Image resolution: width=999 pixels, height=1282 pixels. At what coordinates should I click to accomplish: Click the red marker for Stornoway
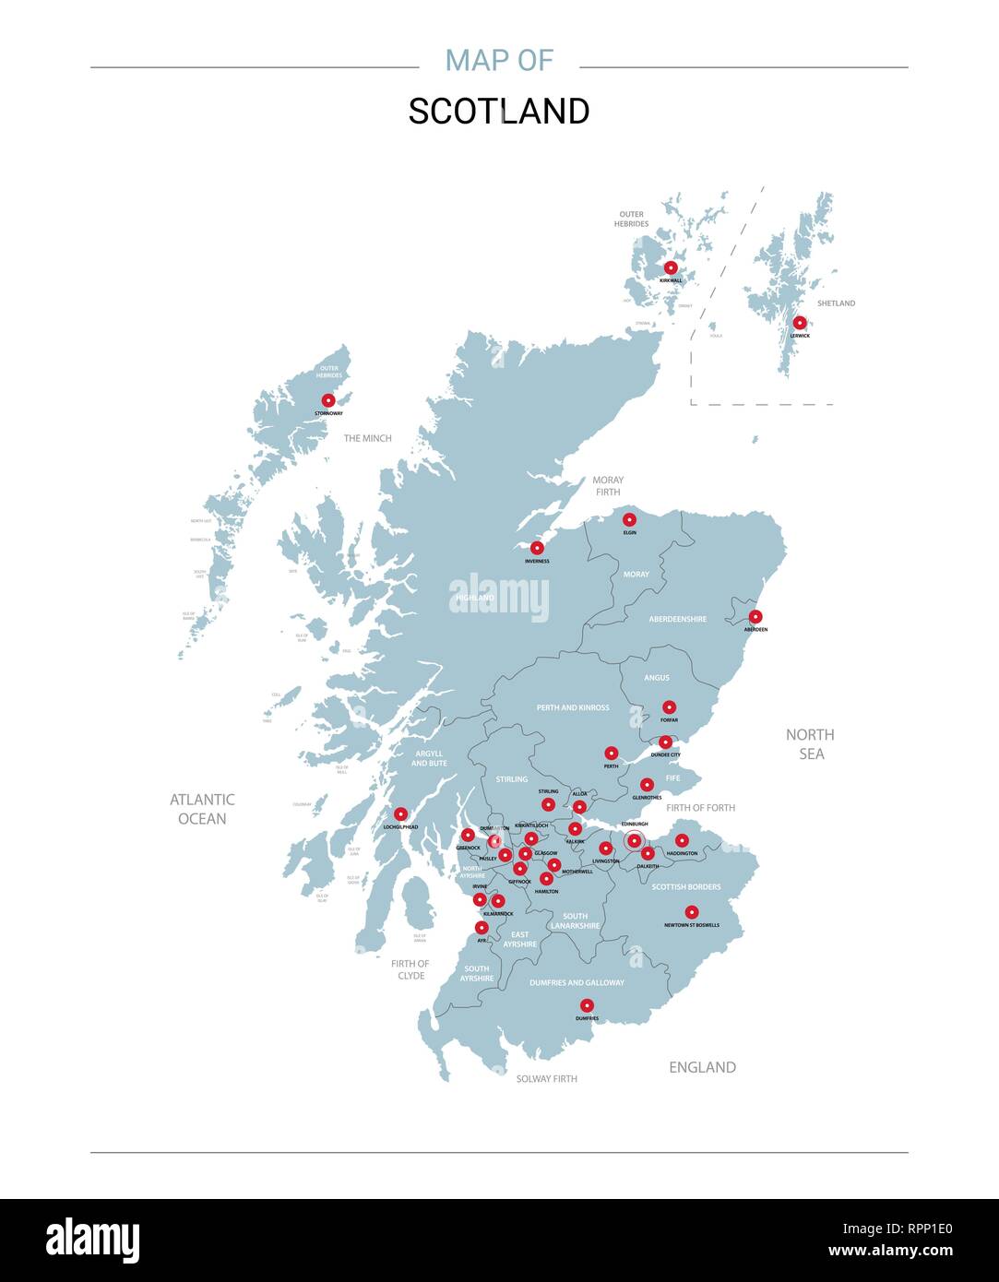tap(328, 400)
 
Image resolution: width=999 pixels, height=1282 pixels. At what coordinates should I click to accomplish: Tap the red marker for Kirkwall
tap(671, 267)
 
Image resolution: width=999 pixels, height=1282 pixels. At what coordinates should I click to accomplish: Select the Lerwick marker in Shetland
tap(800, 323)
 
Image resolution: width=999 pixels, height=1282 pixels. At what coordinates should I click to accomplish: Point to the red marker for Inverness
tap(537, 548)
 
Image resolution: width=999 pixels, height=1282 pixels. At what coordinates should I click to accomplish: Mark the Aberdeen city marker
tap(755, 616)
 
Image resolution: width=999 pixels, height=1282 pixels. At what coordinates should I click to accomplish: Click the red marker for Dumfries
tap(587, 1005)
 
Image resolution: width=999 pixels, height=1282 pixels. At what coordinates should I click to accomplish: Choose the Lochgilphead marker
tap(400, 814)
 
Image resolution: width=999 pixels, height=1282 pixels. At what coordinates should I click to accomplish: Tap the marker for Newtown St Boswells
tap(691, 912)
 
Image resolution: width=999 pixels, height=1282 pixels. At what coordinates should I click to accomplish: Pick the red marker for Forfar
tap(669, 707)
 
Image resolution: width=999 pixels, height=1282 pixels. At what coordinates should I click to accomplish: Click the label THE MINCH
tap(367, 438)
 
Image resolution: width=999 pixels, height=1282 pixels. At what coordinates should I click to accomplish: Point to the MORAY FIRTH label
tap(608, 486)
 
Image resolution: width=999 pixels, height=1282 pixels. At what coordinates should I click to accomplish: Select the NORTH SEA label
tap(810, 744)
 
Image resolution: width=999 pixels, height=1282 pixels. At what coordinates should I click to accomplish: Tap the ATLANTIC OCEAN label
tap(202, 809)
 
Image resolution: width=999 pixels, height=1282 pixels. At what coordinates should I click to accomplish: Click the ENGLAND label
tap(702, 1067)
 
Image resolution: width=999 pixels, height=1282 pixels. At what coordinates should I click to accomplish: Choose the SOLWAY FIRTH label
tap(546, 1078)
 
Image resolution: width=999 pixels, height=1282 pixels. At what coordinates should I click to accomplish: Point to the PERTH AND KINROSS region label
tap(573, 707)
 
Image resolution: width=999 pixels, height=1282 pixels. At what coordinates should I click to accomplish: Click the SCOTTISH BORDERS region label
tap(686, 887)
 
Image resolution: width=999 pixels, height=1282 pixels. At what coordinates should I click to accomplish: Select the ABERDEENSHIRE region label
tap(677, 619)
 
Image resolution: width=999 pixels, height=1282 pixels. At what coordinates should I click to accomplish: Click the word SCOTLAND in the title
tap(499, 112)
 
